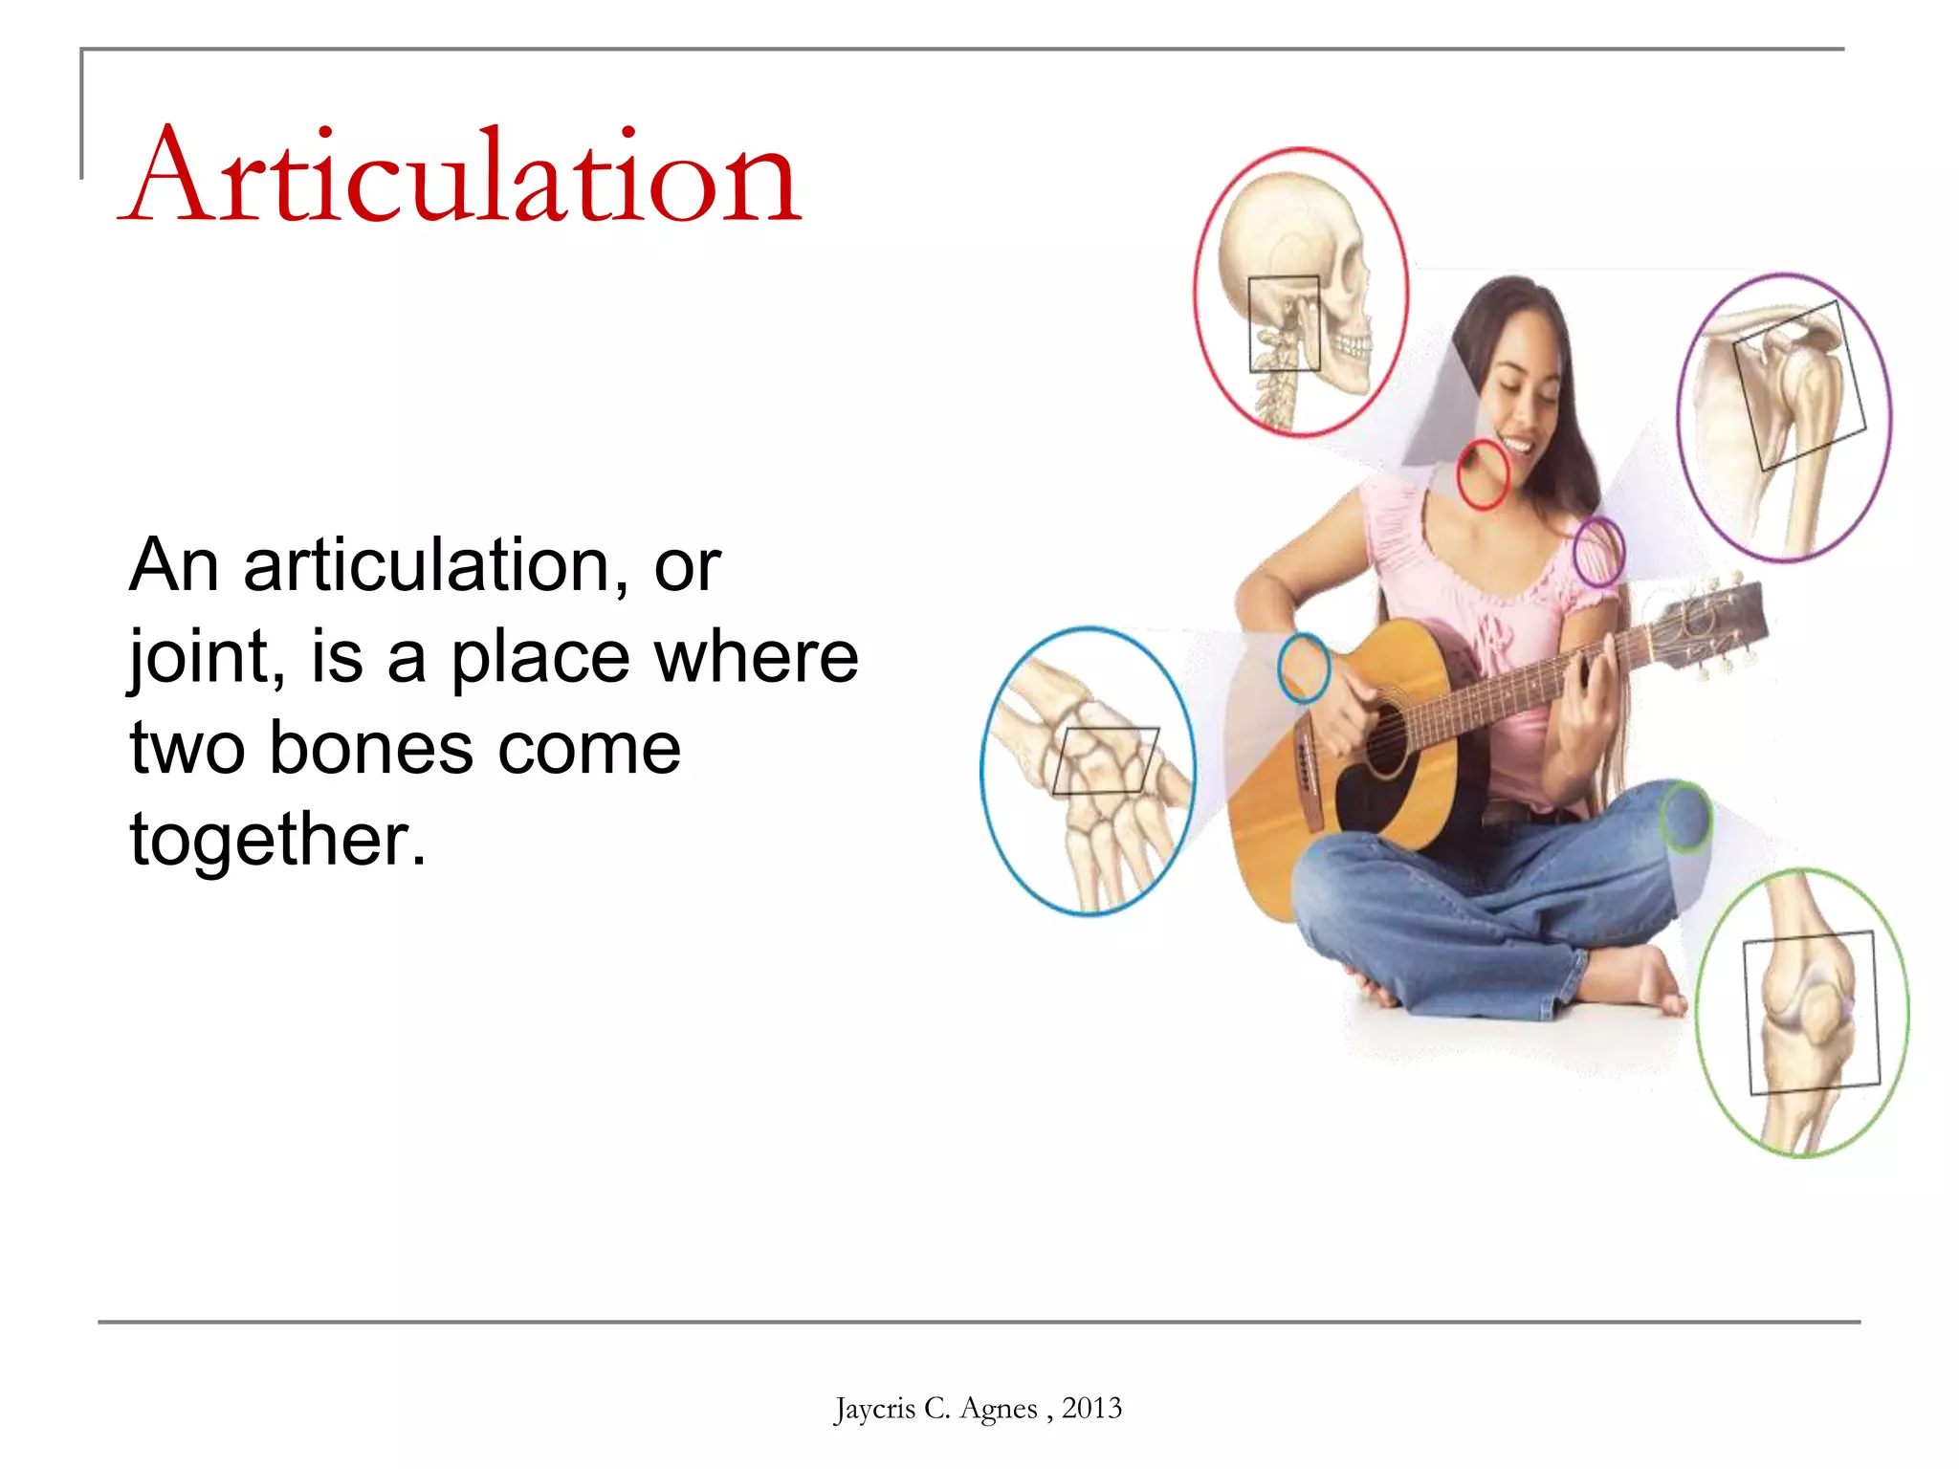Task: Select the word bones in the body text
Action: [370, 748]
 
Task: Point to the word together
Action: [277, 839]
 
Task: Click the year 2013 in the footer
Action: [1091, 1408]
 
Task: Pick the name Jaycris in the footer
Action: [874, 1408]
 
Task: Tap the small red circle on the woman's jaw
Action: [1482, 474]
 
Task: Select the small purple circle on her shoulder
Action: [1598, 551]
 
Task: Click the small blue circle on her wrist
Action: [1304, 668]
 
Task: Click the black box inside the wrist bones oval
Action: [1106, 760]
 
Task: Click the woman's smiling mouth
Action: [1518, 444]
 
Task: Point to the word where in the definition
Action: [756, 657]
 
